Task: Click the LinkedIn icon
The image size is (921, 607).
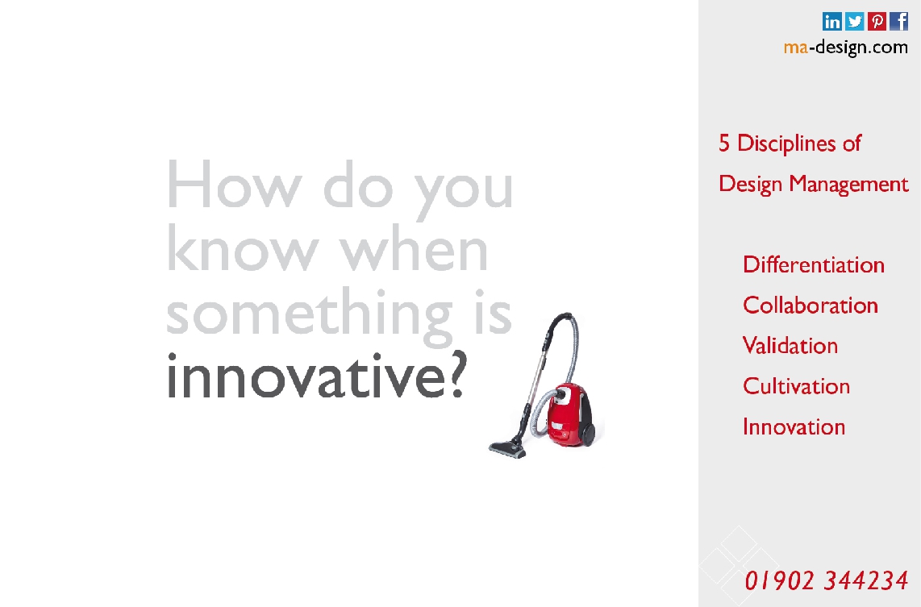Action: point(831,21)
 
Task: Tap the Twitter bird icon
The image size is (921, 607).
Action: point(855,21)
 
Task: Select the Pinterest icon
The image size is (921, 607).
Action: point(877,21)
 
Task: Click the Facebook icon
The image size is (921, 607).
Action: point(898,21)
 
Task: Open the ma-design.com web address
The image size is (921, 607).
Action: point(846,47)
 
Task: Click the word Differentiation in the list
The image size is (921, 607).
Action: point(814,264)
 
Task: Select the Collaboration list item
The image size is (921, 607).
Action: point(810,306)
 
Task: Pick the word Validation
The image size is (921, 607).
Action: point(790,346)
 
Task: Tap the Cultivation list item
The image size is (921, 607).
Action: point(796,386)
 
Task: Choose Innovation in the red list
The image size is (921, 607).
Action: point(794,426)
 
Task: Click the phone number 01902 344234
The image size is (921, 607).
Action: point(827,580)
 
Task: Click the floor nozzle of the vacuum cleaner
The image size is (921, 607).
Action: point(508,449)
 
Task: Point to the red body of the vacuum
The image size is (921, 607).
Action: point(565,416)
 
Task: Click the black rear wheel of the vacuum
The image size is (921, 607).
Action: point(587,433)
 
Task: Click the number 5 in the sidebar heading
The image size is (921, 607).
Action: point(724,143)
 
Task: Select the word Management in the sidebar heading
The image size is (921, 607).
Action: point(848,185)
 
